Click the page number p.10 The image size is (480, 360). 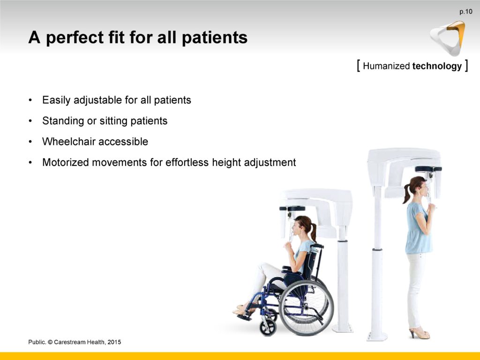coord(465,12)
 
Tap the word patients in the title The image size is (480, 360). coord(215,37)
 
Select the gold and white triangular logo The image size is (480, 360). coord(448,38)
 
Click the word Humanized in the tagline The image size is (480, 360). coord(386,66)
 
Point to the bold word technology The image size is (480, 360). coord(437,66)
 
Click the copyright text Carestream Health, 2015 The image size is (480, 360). coord(87,342)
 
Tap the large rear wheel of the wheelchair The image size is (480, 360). coord(306,307)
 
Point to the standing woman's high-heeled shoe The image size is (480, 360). coord(420,333)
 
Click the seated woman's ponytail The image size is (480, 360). coord(313,232)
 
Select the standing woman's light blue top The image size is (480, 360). coord(418,228)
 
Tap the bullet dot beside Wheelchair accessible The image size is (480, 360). coord(30,142)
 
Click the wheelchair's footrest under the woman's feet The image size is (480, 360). coord(244,317)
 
